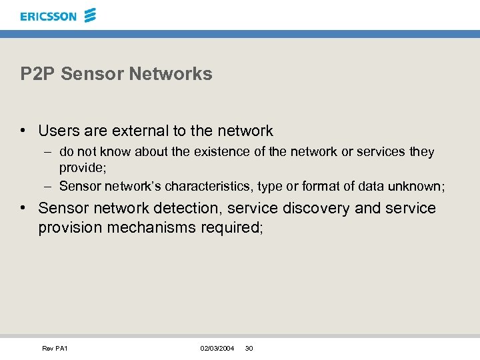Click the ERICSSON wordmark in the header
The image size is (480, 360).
pyautogui.click(x=48, y=16)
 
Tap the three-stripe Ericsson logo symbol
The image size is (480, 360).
pyautogui.click(x=90, y=15)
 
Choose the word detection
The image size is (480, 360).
pyautogui.click(x=189, y=208)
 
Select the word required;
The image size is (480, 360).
pyautogui.click(x=232, y=228)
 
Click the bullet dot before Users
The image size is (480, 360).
pyautogui.click(x=24, y=131)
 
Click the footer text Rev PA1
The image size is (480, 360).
pyautogui.click(x=55, y=349)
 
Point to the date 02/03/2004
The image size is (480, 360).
pyautogui.click(x=217, y=349)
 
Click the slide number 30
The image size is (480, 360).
pyautogui.click(x=249, y=349)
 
